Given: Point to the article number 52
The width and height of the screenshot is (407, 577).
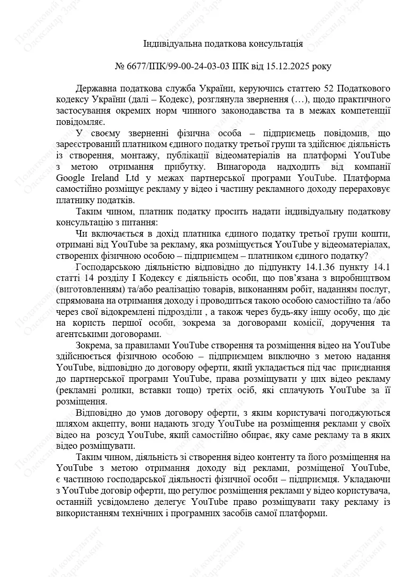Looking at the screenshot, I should pos(326,89).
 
